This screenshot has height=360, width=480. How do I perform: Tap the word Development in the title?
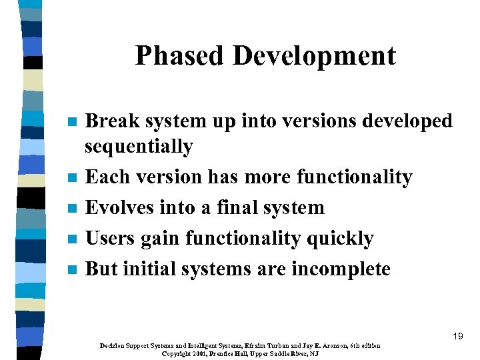[314, 56]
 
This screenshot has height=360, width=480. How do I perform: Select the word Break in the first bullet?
[113, 121]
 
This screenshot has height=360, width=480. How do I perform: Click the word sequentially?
[139, 146]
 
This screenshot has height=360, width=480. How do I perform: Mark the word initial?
[153, 269]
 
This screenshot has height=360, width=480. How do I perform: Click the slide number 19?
[457, 336]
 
